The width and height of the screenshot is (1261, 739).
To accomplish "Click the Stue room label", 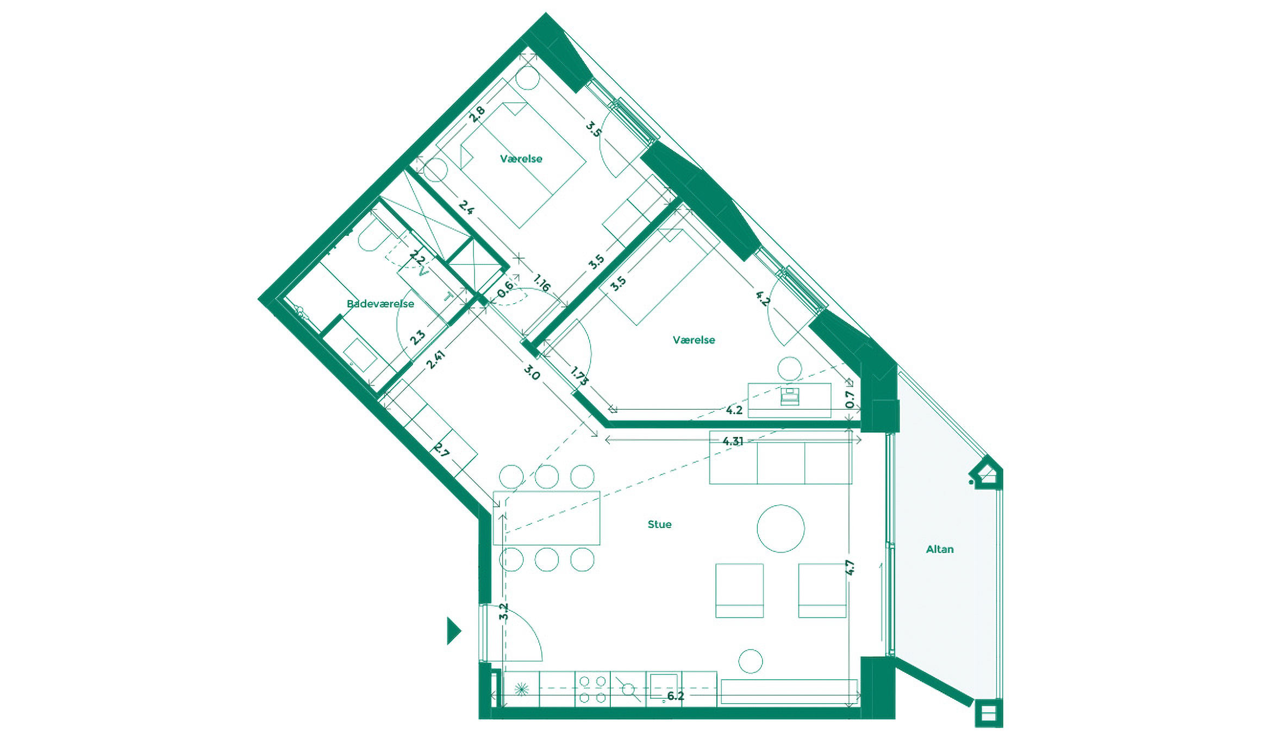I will click(659, 524).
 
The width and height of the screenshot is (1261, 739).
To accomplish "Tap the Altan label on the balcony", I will click(939, 549).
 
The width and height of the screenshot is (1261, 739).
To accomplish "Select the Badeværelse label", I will click(380, 304).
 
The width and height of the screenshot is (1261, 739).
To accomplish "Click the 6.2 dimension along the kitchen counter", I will click(675, 696).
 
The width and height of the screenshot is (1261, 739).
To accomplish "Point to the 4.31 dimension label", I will click(733, 441).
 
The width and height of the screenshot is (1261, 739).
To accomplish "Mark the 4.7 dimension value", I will click(850, 567).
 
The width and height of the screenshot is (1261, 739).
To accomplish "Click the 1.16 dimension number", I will click(542, 283).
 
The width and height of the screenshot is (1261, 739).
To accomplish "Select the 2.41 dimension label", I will click(435, 359).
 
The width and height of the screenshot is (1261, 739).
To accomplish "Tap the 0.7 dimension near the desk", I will click(850, 399).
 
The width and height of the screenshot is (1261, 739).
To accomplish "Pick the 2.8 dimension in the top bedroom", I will click(477, 114).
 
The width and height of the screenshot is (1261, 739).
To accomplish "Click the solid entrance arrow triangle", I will click(453, 631).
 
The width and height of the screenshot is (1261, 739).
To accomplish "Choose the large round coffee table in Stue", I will click(781, 528).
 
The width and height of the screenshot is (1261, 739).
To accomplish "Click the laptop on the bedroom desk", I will click(789, 396).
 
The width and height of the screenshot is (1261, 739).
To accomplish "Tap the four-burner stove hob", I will click(592, 689).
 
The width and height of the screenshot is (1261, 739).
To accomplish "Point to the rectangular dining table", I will click(546, 518).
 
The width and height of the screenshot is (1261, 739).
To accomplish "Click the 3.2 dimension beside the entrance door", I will click(504, 612).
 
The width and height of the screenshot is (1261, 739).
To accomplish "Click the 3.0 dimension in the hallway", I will click(532, 373).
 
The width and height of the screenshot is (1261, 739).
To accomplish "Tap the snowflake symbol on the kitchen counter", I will click(521, 690).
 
